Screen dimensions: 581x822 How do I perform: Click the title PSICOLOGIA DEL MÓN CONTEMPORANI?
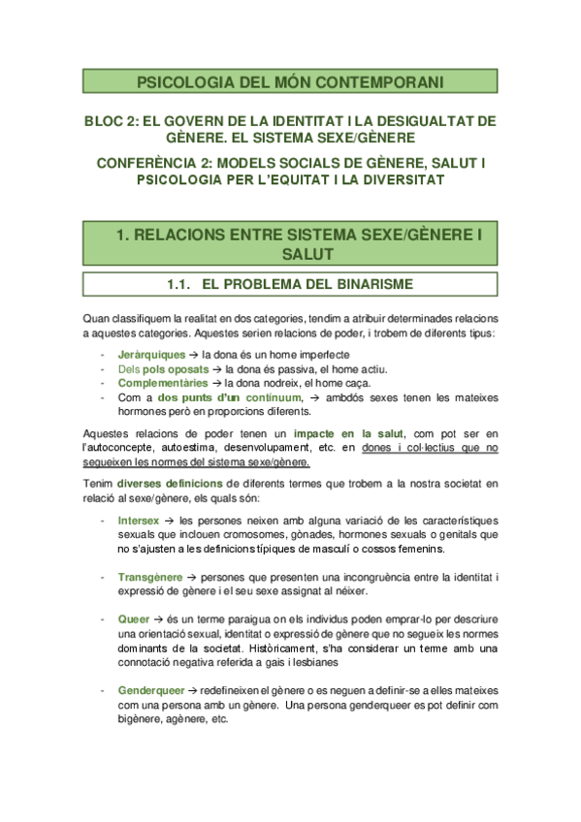[x=290, y=81]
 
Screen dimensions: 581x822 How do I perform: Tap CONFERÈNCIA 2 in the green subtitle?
[x=156, y=164]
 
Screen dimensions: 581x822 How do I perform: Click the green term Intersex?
[x=140, y=521]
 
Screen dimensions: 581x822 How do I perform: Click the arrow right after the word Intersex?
[x=174, y=521]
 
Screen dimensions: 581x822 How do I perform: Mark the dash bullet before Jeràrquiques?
[x=103, y=356]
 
